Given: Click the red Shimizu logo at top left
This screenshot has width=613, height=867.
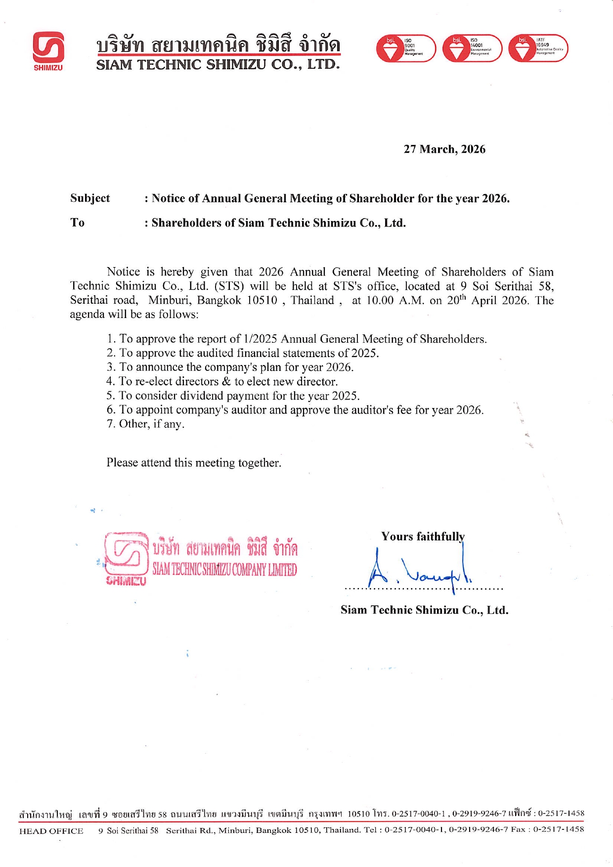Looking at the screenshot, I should pos(48,48).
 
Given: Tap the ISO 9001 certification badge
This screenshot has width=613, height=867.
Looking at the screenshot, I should pos(406,48).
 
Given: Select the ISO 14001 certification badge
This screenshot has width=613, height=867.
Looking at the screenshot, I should pos(472,48).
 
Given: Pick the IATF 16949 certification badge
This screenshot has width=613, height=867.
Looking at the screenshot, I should pos(538,48).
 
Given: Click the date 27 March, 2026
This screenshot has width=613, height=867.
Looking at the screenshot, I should pos(444,149).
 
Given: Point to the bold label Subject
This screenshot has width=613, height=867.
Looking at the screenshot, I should pos(90,198).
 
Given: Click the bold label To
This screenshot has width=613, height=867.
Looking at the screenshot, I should pos(78,223).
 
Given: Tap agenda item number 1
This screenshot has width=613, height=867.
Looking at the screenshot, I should pos(296,339).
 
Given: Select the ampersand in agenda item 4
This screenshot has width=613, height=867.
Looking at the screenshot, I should pos(226,381).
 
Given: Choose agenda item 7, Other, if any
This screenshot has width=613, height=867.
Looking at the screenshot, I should pos(145,424).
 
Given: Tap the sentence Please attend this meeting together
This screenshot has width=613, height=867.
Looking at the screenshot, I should pos(194,463).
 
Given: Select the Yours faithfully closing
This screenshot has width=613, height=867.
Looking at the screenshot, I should pos(423,537).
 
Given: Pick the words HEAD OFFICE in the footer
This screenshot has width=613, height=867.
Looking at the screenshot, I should pos(51,831).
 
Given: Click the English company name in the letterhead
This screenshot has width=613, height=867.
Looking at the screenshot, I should pos(218,65).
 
